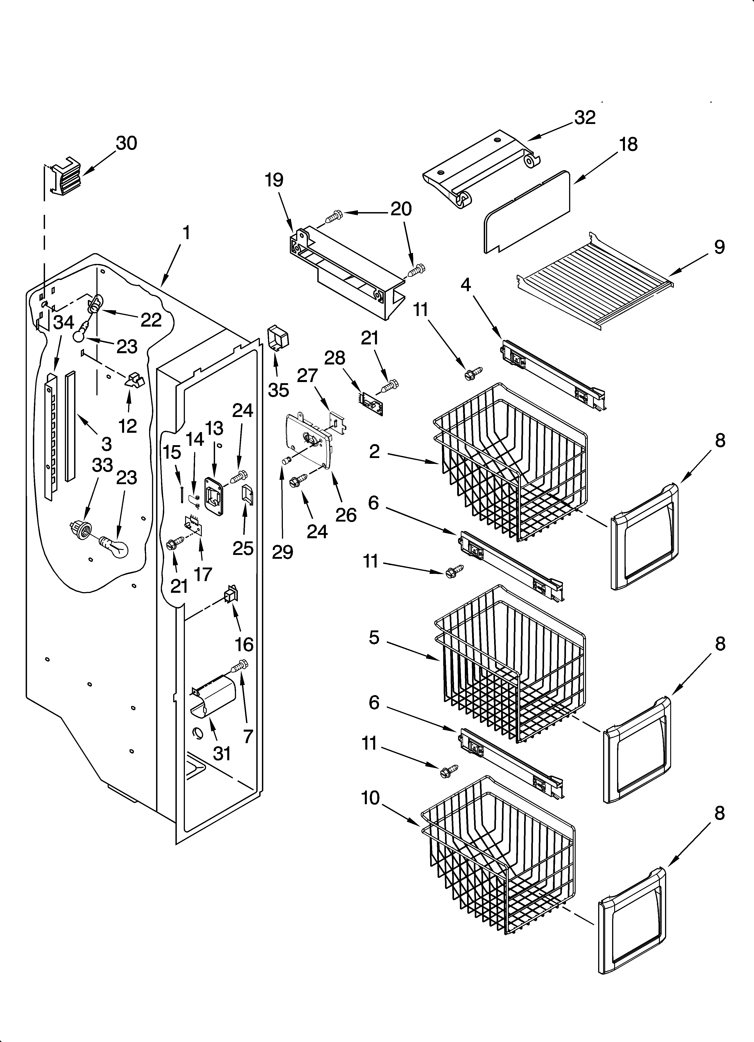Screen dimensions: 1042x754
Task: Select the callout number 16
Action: pyautogui.click(x=244, y=645)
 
